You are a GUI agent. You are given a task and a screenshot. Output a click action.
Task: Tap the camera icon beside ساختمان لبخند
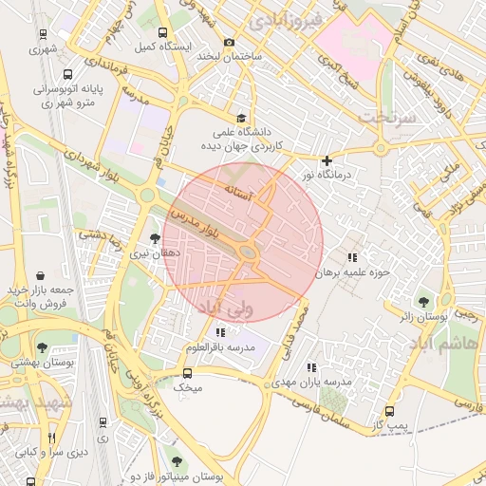[229, 42]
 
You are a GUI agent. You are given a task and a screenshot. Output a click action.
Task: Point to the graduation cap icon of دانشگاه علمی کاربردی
[240, 119]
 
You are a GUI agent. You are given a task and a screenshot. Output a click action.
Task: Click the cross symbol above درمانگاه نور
[327, 160]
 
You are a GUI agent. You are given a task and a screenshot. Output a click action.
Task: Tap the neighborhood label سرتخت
[388, 116]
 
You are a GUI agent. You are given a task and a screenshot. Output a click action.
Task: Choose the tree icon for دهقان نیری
[156, 239]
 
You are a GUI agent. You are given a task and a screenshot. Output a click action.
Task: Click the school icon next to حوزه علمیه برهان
[352, 257]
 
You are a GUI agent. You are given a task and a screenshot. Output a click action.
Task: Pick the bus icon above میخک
[188, 372]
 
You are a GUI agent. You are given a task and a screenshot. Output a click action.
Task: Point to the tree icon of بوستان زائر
[424, 301]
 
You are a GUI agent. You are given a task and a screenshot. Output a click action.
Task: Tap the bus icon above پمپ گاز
[390, 411]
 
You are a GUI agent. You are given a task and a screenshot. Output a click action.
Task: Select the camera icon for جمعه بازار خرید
[40, 274]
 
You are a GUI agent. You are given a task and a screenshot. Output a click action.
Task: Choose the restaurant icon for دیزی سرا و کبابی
[51, 438]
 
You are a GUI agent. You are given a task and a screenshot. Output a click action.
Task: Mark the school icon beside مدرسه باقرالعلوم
[220, 332]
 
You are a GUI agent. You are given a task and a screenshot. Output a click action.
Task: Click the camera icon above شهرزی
[40, 31]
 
